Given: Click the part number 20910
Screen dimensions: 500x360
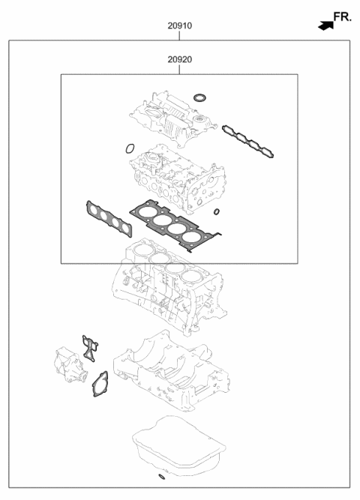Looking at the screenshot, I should coord(179,25).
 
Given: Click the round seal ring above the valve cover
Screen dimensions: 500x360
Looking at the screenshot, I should coord(199,97).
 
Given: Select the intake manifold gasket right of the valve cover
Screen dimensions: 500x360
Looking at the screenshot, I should coord(247,142).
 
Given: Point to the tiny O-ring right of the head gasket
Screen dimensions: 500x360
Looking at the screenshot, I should coord(217,213).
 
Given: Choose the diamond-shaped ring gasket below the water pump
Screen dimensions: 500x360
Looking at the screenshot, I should coord(99,385).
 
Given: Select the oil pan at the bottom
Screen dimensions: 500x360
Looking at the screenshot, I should coord(178,448).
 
